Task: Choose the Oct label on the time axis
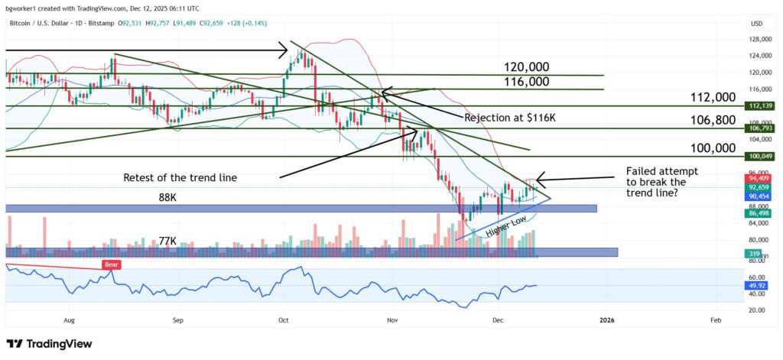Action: pos(284,321)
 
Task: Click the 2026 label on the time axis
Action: pos(607,321)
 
